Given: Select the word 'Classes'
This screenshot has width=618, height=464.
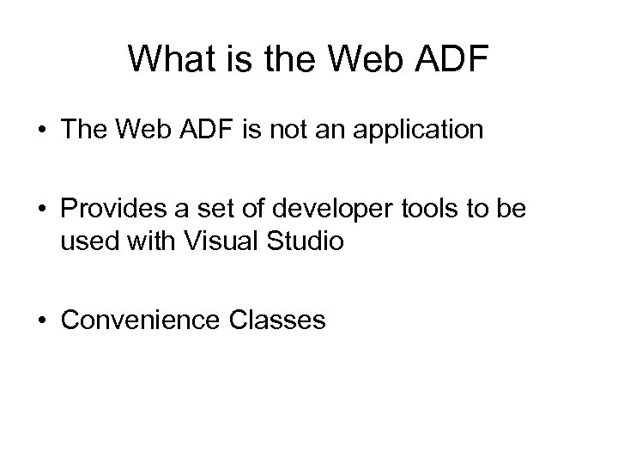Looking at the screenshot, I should point(278,321).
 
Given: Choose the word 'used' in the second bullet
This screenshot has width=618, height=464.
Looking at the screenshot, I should point(88,242).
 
